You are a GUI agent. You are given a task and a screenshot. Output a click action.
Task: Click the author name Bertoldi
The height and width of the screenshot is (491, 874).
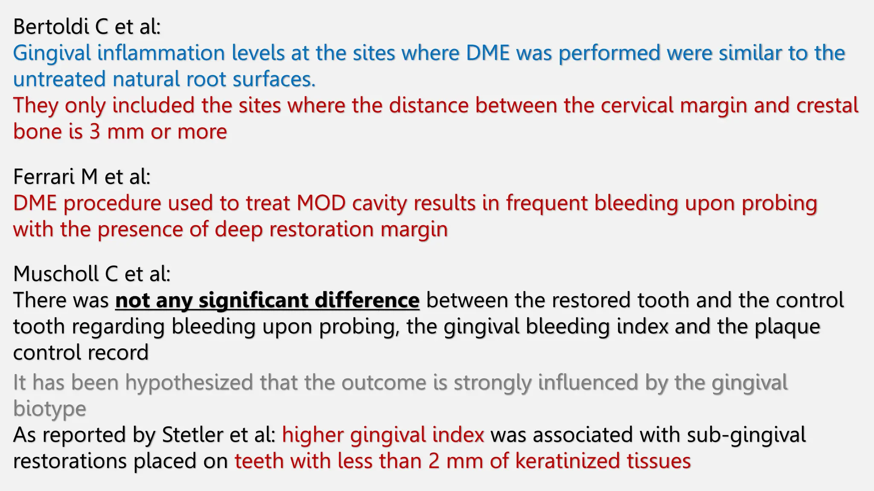51,27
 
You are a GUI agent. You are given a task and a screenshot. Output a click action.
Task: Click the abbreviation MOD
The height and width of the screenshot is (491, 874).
321,203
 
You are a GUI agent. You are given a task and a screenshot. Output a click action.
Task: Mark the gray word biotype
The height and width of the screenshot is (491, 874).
50,409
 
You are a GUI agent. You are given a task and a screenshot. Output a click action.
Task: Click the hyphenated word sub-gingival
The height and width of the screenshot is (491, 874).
746,435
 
